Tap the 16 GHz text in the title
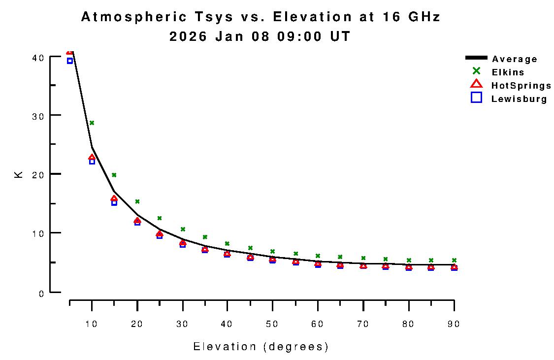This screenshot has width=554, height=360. [x=411, y=17]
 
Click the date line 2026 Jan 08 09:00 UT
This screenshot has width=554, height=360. [x=260, y=36]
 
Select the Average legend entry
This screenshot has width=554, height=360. [x=515, y=59]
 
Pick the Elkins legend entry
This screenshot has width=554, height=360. [x=508, y=72]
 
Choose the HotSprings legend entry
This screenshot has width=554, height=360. [x=521, y=86]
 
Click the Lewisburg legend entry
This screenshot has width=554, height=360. [x=519, y=99]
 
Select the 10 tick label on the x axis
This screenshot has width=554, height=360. [x=92, y=324]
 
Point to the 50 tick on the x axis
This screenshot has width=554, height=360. [x=272, y=324]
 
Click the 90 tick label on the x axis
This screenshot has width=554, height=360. [x=454, y=324]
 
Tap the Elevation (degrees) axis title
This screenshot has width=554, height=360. [x=261, y=347]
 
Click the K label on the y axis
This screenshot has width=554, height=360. [x=19, y=174]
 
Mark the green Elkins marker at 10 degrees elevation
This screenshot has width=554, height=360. [x=92, y=123]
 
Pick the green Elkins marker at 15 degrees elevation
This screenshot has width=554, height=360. [x=114, y=175]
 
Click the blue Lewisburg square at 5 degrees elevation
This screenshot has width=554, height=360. [x=70, y=61]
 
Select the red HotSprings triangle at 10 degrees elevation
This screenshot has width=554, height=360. [x=92, y=158]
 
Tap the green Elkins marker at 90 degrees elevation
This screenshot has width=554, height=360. [x=454, y=260]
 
